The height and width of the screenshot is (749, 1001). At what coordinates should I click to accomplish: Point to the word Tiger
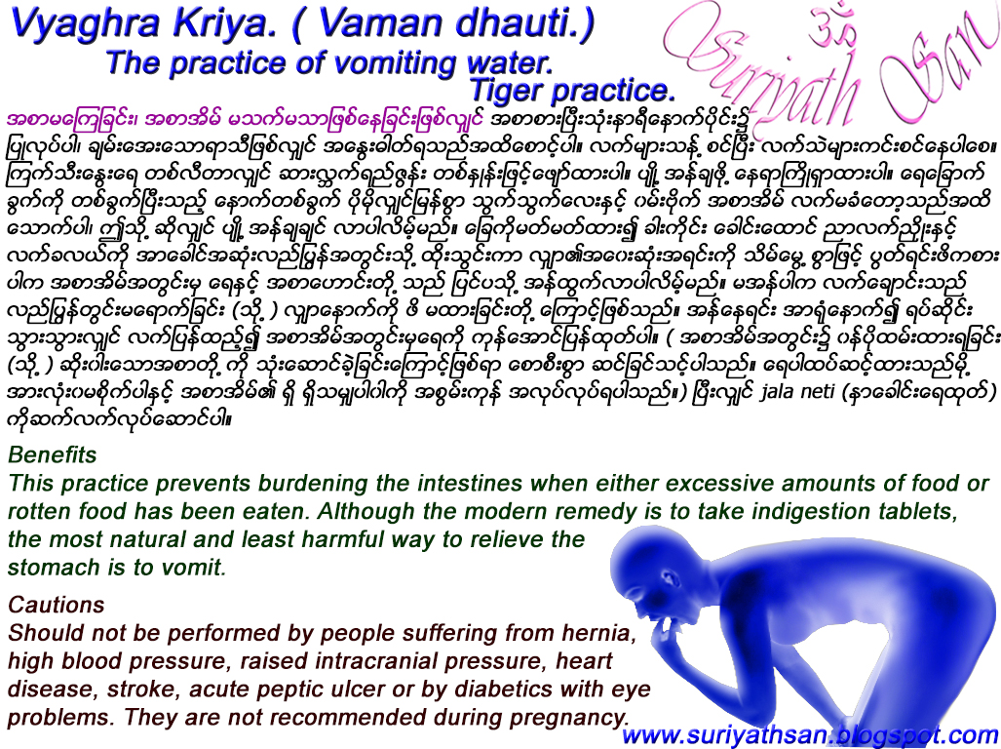point(506,91)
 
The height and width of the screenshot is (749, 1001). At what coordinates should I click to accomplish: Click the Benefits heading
point(53,454)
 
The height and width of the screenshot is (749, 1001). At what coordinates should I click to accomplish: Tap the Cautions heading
point(56,605)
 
